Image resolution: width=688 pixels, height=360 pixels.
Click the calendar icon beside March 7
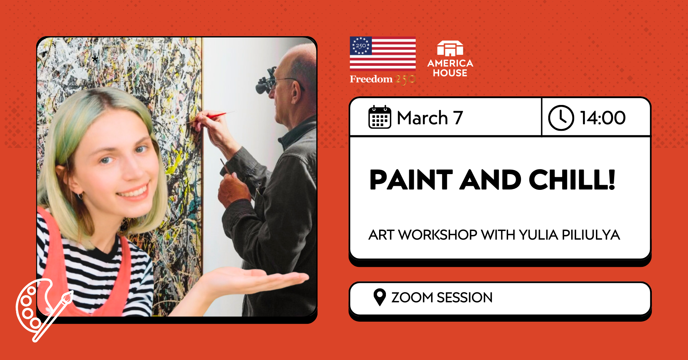[379, 117]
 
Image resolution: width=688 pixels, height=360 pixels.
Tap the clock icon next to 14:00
[561, 118]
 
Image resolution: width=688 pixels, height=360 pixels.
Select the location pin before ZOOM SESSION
[379, 297]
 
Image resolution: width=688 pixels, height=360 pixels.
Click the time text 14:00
[603, 118]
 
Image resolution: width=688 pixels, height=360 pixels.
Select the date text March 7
[430, 118]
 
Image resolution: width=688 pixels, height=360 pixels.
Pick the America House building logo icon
[450, 49]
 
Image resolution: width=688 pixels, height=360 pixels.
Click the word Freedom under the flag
[371, 79]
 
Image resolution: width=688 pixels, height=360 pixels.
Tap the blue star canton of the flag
[361, 46]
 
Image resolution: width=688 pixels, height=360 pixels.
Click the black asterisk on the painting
[95, 59]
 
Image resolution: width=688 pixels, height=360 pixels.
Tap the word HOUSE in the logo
[450, 73]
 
